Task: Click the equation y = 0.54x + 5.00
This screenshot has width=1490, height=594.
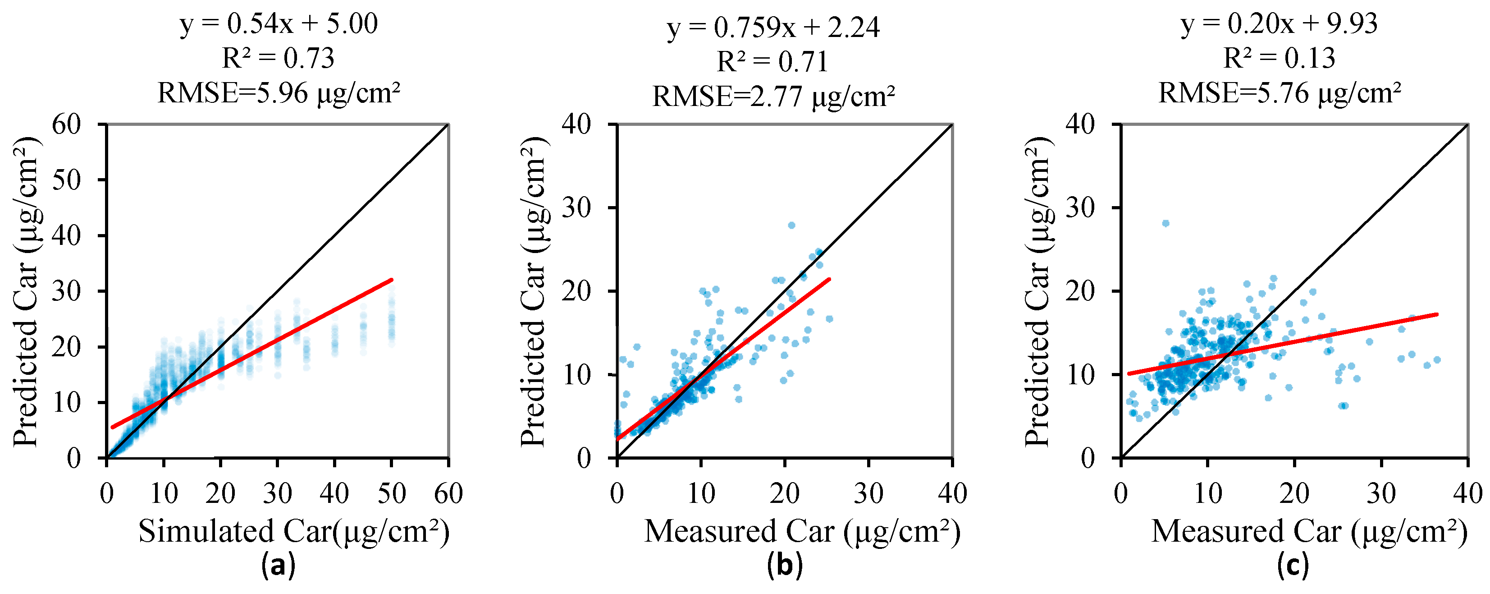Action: click(279, 24)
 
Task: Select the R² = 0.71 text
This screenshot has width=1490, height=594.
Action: click(773, 62)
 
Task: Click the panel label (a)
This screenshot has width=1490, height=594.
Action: click(278, 565)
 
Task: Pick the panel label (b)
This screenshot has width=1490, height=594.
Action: click(785, 565)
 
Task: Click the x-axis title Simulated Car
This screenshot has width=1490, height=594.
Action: click(293, 531)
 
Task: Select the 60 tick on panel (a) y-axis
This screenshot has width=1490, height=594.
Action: click(67, 124)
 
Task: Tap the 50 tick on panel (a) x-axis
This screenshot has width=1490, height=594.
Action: click(392, 494)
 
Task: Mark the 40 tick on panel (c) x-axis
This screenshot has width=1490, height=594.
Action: click(1468, 494)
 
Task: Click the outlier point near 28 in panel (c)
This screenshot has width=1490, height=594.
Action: click(1165, 223)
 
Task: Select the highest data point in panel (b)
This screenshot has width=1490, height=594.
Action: click(791, 225)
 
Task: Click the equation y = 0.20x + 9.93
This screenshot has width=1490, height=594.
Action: click(1280, 24)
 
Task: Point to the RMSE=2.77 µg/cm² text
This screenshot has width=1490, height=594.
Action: click(773, 97)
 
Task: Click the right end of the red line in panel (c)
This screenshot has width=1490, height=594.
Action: click(1437, 314)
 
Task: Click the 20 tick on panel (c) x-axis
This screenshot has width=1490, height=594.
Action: click(1294, 494)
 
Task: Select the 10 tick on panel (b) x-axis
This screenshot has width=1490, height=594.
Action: click(700, 494)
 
